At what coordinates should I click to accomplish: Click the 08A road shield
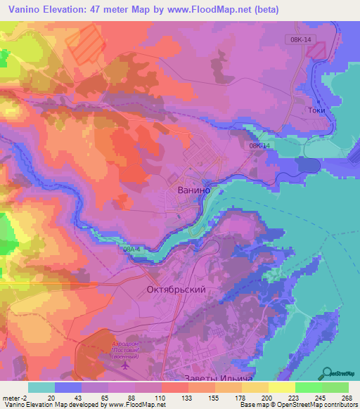129,249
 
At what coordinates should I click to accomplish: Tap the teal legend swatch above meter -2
41,387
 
